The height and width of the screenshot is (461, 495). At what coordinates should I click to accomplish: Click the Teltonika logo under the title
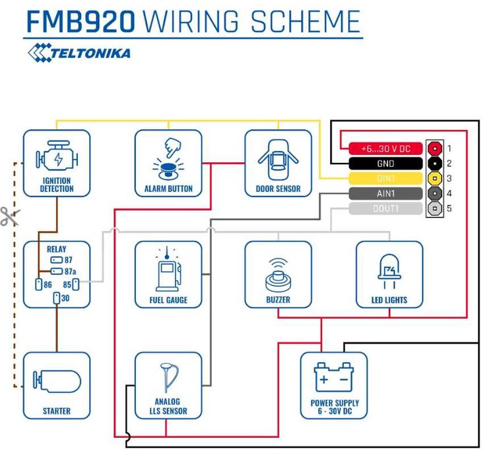(79, 51)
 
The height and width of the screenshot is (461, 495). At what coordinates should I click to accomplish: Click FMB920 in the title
(80, 21)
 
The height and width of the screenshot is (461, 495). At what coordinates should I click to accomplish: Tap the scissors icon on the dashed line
(9, 216)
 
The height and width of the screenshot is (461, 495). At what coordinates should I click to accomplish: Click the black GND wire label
(385, 164)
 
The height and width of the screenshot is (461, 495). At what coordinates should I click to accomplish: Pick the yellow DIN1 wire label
(385, 179)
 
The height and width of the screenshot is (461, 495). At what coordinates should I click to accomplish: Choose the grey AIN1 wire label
(385, 194)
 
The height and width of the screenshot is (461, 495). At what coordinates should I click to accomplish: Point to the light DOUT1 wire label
(385, 209)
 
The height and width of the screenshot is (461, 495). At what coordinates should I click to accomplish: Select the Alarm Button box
(168, 163)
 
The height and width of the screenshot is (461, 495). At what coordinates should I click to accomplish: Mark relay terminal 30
(57, 299)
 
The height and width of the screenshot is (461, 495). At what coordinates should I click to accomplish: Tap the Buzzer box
(278, 274)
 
